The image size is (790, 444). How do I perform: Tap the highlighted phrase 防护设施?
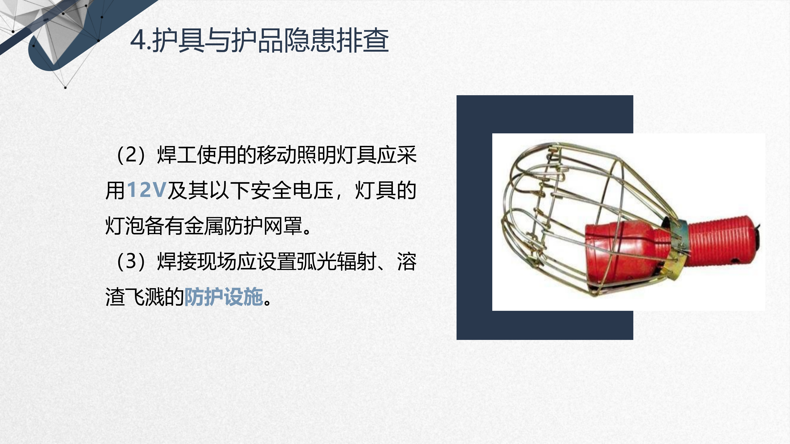click(224, 297)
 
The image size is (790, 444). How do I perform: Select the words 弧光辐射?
click(336, 261)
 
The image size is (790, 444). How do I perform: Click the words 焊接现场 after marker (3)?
click(197, 261)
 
